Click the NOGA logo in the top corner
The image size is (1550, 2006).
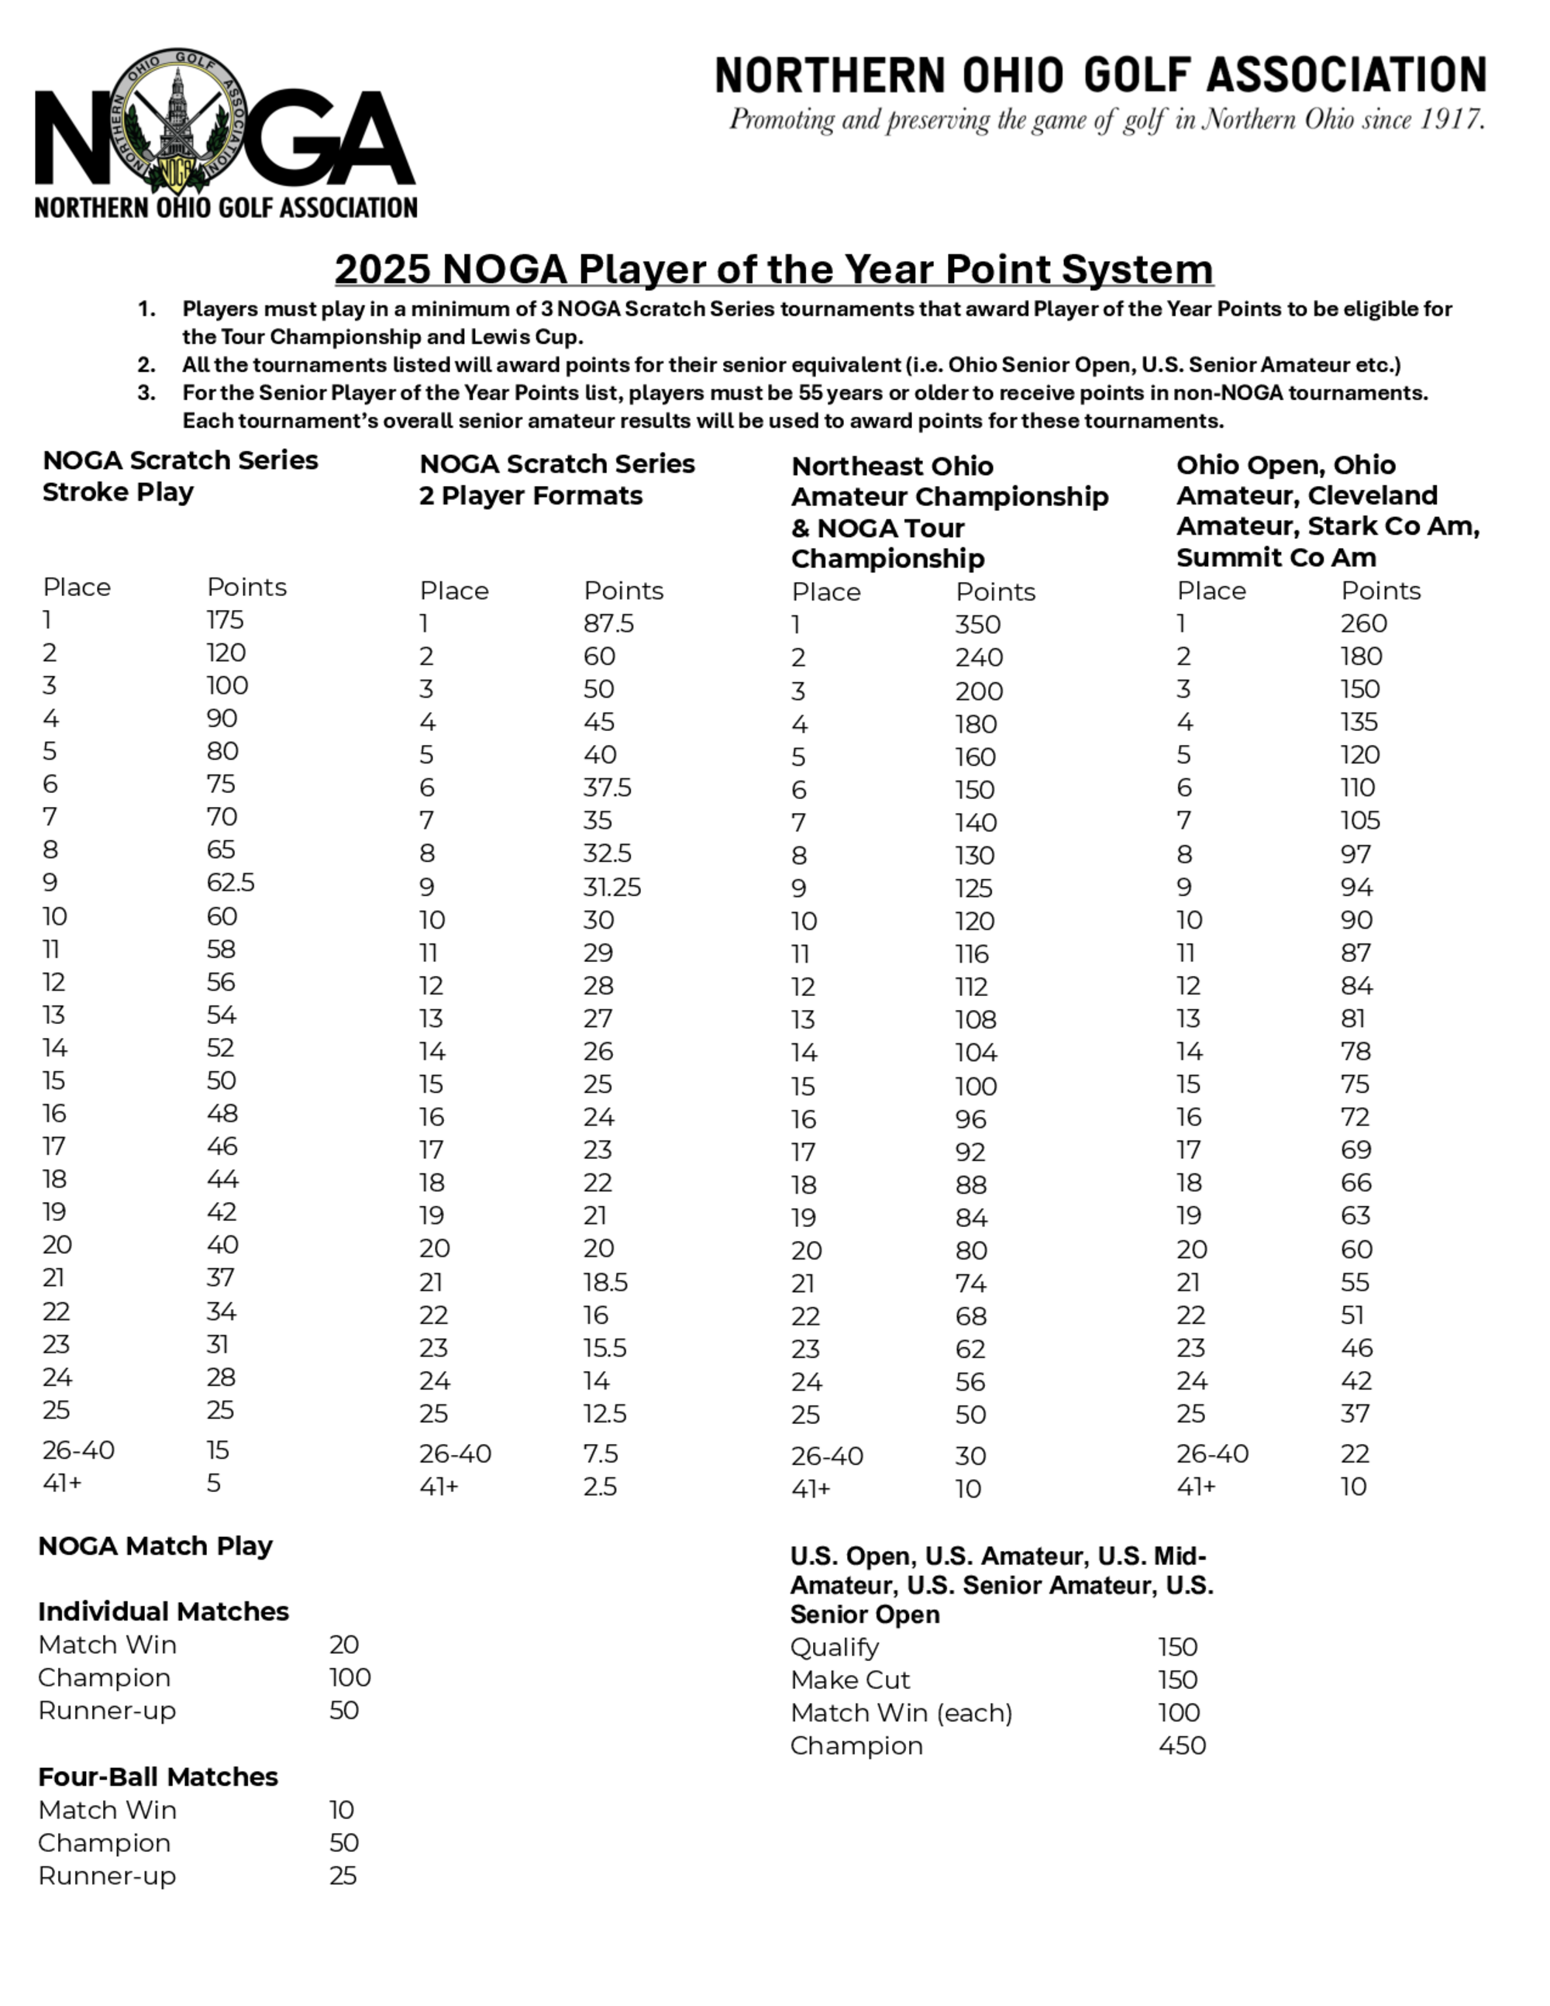pyautogui.click(x=225, y=133)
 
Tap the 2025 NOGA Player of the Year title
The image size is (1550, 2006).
pyautogui.click(x=773, y=269)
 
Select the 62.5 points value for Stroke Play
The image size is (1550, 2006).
pyautogui.click(x=230, y=883)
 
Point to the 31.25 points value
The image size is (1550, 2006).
pyautogui.click(x=611, y=888)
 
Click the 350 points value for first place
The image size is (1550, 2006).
pyautogui.click(x=978, y=625)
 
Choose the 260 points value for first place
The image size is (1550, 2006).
pyautogui.click(x=1363, y=624)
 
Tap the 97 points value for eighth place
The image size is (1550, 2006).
pyautogui.click(x=1355, y=854)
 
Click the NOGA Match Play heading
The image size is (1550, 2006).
pyautogui.click(x=155, y=1546)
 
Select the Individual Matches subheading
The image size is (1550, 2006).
pyautogui.click(x=164, y=1611)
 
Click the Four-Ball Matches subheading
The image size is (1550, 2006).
pyautogui.click(x=158, y=1777)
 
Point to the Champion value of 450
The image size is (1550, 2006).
pyautogui.click(x=1182, y=1745)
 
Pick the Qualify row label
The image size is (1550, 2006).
pyautogui.click(x=835, y=1647)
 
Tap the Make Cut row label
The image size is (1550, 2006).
pyautogui.click(x=850, y=1680)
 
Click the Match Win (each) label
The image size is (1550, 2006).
pyautogui.click(x=901, y=1713)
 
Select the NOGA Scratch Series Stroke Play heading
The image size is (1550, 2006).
pyautogui.click(x=180, y=476)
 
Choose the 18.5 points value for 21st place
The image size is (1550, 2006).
pyautogui.click(x=605, y=1282)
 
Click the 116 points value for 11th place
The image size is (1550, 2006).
pyautogui.click(x=972, y=954)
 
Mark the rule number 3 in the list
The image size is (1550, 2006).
pyautogui.click(x=146, y=393)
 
